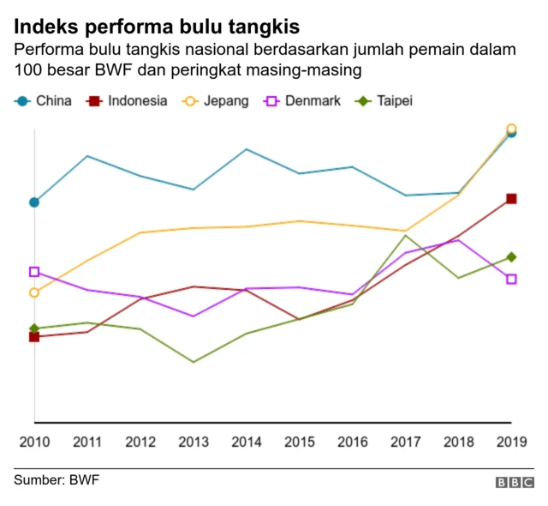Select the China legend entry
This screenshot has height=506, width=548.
(x=43, y=100)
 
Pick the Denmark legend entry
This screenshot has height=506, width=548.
(x=302, y=100)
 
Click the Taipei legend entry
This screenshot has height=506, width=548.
(x=384, y=100)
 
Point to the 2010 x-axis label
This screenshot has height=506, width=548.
(x=34, y=442)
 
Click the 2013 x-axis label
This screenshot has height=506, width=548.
(x=194, y=442)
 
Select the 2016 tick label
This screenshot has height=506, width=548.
(x=352, y=442)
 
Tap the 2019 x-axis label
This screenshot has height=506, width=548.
(x=511, y=442)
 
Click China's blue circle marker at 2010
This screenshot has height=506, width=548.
(x=34, y=202)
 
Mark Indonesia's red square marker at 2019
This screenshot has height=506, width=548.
(x=511, y=199)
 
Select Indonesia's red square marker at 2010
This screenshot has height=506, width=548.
(x=34, y=337)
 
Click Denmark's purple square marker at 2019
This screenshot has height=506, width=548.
(x=511, y=279)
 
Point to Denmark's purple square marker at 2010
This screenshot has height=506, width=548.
(x=34, y=272)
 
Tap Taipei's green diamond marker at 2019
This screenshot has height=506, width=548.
(x=511, y=256)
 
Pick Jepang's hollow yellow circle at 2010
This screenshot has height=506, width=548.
(x=34, y=292)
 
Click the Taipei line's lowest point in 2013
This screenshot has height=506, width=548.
(x=193, y=362)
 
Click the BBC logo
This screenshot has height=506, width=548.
(x=515, y=483)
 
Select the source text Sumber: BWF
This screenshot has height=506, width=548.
(x=57, y=479)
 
